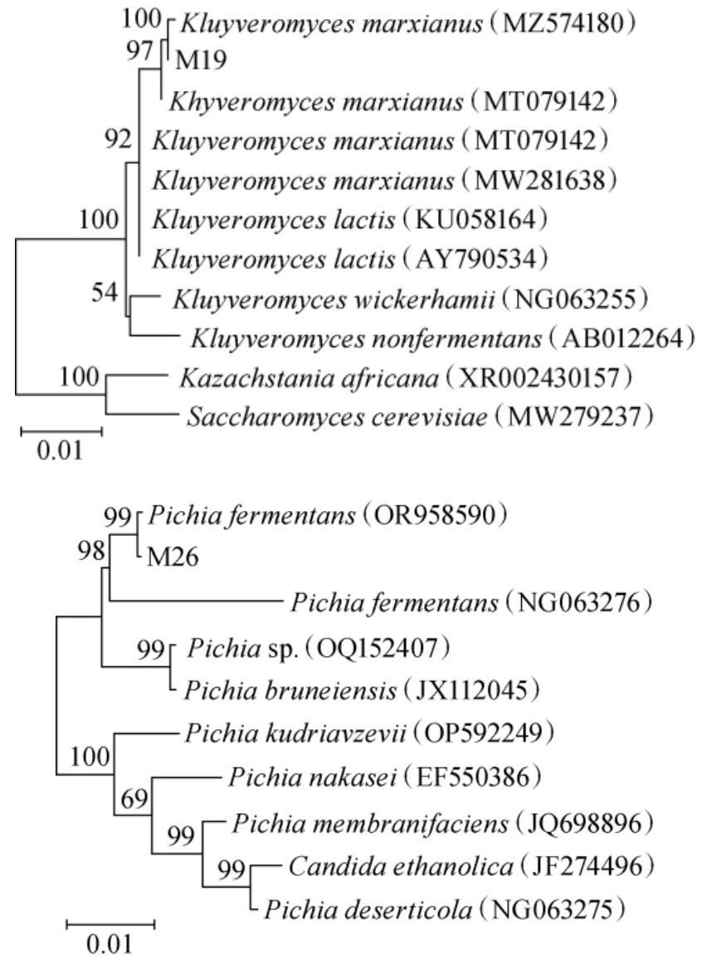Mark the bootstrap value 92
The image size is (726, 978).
tap(119, 139)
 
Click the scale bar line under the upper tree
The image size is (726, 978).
tap(61, 431)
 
